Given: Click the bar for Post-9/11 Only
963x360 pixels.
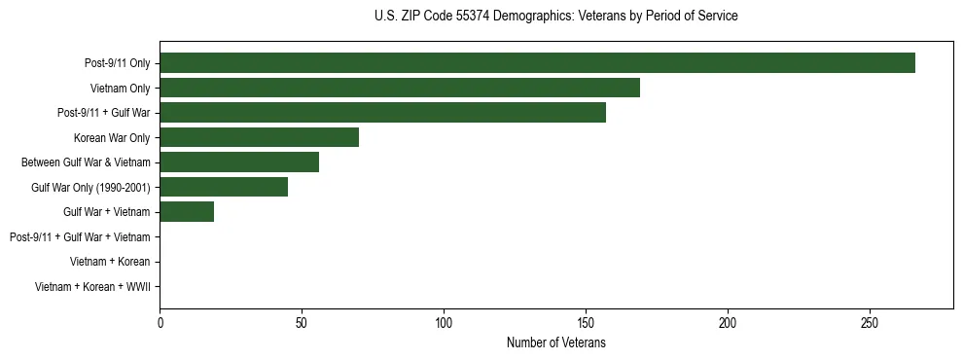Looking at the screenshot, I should click(x=537, y=63).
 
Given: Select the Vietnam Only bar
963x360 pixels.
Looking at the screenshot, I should click(x=400, y=88).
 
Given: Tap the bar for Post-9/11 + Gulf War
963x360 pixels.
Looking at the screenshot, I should click(x=382, y=113).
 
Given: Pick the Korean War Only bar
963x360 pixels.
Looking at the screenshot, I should click(x=259, y=137).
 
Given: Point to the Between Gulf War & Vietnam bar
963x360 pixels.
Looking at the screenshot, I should click(x=239, y=162).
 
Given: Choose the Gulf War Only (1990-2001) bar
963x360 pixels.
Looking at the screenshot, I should click(x=224, y=187).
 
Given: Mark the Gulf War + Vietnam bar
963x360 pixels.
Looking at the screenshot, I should click(x=187, y=212).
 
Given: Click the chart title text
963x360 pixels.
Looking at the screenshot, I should click(x=555, y=17).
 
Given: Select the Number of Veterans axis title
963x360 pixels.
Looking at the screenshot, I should click(x=555, y=342).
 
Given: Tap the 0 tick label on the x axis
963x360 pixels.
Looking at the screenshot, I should click(x=160, y=322).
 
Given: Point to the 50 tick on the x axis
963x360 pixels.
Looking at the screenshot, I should click(x=302, y=322).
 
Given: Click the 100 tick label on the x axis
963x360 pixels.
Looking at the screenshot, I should click(x=444, y=322).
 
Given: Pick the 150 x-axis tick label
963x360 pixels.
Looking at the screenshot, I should click(x=586, y=322).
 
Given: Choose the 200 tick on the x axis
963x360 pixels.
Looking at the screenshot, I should click(x=728, y=322).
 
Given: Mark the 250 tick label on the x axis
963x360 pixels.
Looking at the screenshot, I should click(x=870, y=322).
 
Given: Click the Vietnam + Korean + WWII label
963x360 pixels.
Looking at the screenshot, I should click(x=92, y=286).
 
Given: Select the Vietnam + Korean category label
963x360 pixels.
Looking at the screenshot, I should click(x=110, y=262).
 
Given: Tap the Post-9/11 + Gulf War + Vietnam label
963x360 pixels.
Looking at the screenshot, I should click(x=80, y=236).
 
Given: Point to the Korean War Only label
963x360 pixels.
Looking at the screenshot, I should click(x=112, y=137).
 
